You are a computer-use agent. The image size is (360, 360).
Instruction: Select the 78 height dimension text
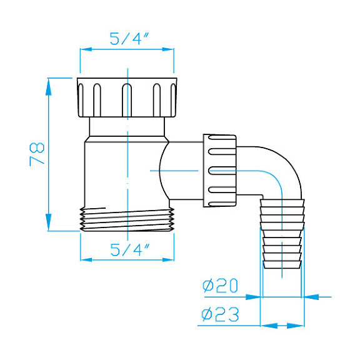click(x=37, y=153)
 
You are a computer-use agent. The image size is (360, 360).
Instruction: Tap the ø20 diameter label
click(x=221, y=286)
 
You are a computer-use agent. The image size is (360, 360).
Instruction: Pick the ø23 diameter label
click(x=221, y=314)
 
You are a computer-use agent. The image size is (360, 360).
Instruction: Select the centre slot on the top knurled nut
click(x=127, y=99)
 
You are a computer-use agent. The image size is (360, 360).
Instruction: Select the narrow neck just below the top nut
click(x=127, y=127)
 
